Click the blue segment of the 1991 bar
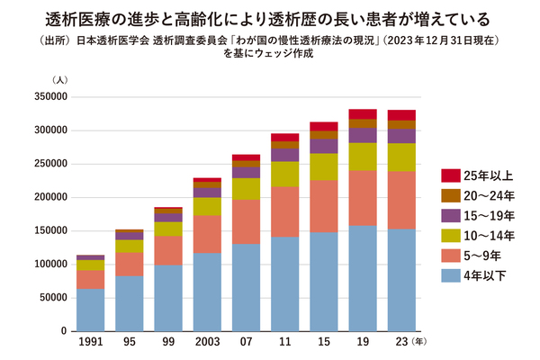[x=90, y=310]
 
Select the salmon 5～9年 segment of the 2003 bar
[x=207, y=234]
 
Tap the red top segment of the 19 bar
[x=363, y=114]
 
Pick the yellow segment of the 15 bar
[x=324, y=166]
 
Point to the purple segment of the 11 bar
[x=285, y=155]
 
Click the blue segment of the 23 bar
[x=401, y=280]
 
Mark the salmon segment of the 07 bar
[x=246, y=222]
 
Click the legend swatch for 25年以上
[x=450, y=174]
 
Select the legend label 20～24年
[x=490, y=194]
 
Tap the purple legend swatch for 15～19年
[x=450, y=215]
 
